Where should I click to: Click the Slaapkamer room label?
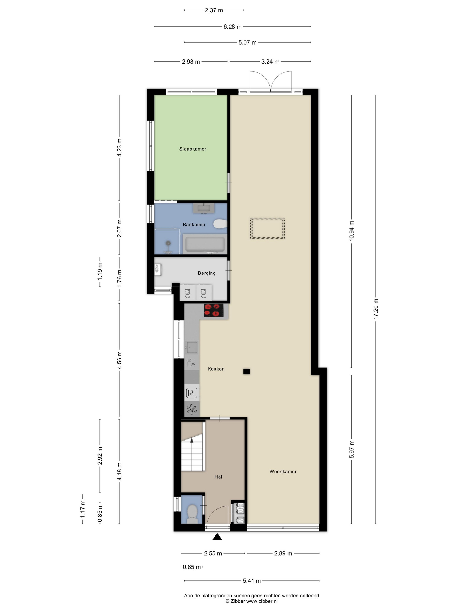point(193,149)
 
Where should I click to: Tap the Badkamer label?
point(194,225)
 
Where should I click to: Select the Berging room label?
point(207,273)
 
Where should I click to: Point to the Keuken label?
point(216,369)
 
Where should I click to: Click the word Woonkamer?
point(283,472)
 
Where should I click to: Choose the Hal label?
point(218,477)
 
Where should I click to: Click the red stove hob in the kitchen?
point(213,310)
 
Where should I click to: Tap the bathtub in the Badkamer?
point(205,244)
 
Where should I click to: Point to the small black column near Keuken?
point(246,372)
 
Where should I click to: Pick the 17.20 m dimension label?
point(376,309)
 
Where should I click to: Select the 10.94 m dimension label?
point(351,231)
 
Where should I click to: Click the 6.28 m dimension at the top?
point(232,27)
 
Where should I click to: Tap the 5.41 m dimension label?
point(252,581)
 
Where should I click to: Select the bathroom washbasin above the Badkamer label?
point(204,208)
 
